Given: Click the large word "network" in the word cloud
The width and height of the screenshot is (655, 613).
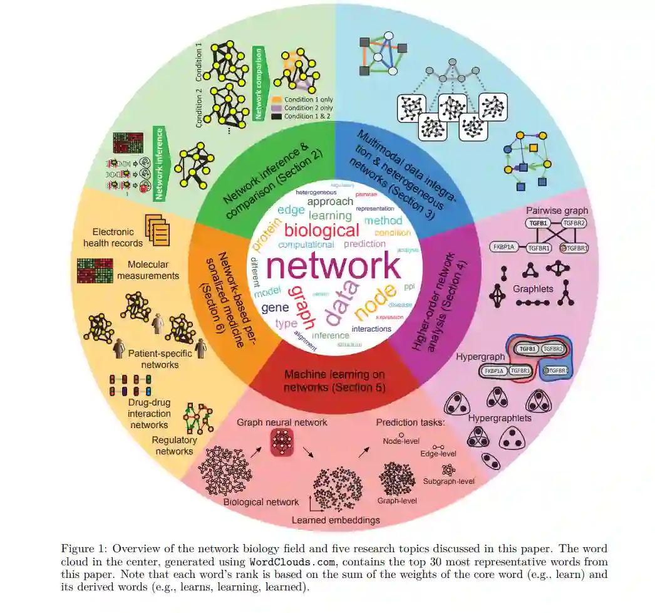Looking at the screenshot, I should point(333,266).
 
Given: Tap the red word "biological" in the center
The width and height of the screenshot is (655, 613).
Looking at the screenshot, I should point(322,229).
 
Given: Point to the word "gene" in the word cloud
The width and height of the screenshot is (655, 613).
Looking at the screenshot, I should point(275,308).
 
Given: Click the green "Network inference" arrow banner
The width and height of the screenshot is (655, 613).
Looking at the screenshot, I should point(160,164).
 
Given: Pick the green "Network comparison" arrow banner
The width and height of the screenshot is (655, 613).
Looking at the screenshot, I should point(259,83).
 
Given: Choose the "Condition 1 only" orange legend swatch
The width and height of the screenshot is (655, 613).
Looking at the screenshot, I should point(277,100).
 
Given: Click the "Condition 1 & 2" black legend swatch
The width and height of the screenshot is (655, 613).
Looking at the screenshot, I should point(277,116).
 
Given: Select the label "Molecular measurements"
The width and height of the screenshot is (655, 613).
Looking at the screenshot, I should point(153,270).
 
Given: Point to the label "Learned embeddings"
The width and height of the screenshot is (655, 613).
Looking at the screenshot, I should point(336,520).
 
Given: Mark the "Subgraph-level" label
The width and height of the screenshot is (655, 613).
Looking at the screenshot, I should point(448,481).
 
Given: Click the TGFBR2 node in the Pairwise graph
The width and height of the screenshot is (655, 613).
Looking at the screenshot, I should point(573,223).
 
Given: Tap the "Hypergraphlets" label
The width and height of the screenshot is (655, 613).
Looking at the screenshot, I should point(499,417).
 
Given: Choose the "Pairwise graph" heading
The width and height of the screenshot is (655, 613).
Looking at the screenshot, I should point(557,211).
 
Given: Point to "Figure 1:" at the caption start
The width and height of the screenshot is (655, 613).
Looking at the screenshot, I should point(81,548).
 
